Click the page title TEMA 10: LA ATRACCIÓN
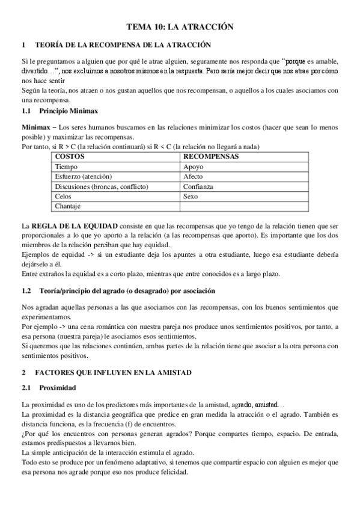click(180, 27)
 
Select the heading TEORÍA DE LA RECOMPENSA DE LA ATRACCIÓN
click(123, 45)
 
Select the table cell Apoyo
click(194, 167)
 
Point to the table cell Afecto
click(193, 177)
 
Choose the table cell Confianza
click(198, 186)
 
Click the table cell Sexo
click(191, 197)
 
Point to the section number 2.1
click(26, 388)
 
